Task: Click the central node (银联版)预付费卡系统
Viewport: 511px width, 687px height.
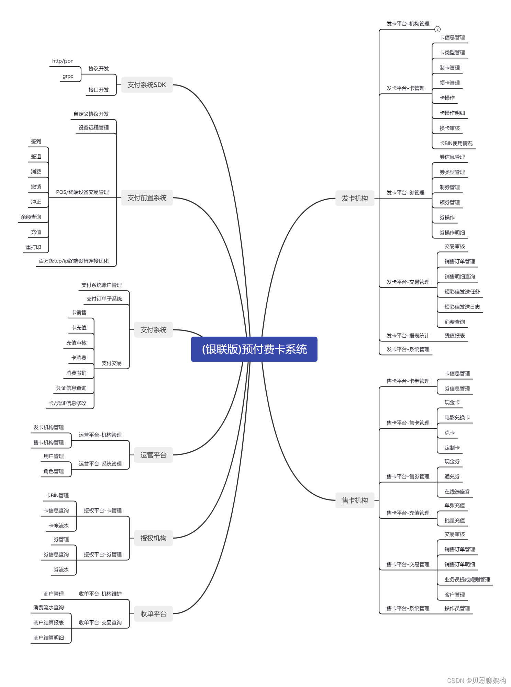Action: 254,349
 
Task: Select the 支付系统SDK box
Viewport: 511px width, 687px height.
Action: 147,85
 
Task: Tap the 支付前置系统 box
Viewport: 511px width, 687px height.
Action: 147,198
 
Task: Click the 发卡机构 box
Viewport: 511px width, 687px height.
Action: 355,198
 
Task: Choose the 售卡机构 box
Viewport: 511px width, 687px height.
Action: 355,500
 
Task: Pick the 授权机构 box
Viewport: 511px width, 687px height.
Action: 153,538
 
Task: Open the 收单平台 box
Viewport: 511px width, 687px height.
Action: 153,613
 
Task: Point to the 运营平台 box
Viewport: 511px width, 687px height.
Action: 153,455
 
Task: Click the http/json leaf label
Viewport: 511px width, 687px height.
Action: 63,61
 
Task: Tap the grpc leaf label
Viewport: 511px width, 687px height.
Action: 68,76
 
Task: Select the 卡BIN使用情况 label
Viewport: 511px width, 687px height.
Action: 456,143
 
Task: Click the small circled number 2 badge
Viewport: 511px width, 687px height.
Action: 437,29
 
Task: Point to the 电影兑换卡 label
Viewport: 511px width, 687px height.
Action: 457,417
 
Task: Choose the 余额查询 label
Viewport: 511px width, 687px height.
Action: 31,217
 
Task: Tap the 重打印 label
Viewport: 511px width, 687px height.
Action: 33,247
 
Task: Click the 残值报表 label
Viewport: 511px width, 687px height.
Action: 455,336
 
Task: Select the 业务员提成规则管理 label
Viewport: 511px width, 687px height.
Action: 467,579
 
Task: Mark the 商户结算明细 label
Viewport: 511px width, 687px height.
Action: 48,638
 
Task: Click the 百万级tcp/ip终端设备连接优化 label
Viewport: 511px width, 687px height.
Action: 74,261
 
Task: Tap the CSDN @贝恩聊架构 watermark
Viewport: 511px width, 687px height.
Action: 476,680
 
